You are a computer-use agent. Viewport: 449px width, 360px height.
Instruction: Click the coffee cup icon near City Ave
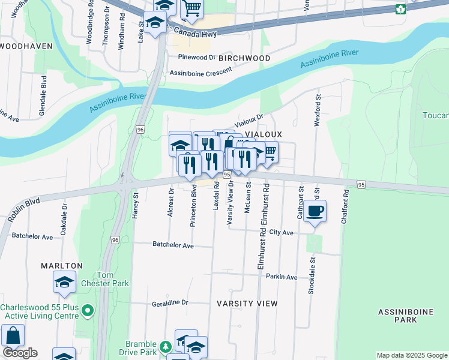[315, 211]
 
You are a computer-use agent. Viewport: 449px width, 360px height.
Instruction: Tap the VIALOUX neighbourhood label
[263, 135]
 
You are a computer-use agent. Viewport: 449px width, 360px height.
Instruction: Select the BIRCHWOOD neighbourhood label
[244, 58]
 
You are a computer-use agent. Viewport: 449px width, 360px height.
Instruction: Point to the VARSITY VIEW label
[247, 304]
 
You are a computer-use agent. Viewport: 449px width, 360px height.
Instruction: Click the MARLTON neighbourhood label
[61, 265]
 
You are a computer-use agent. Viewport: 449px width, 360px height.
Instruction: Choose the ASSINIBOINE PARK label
[397, 316]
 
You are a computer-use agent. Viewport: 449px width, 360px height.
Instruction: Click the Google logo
[20, 353]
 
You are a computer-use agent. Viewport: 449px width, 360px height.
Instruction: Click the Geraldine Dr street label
[170, 303]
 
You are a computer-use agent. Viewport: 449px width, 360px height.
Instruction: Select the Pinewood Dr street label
[196, 57]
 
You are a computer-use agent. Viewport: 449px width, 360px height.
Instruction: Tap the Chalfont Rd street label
[345, 208]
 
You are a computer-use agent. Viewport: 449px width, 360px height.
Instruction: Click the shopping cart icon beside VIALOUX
[270, 152]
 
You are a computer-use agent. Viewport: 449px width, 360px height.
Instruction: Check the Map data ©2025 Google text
[412, 356]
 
